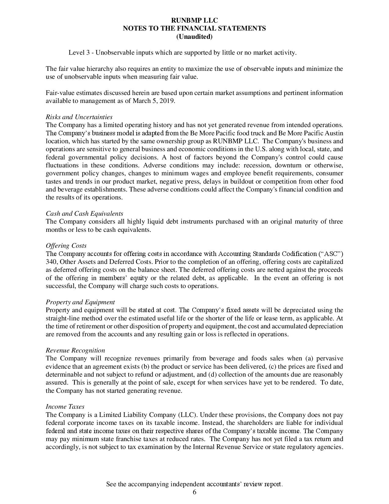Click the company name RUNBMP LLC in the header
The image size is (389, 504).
coord(194,20)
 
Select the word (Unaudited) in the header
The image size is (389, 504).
coord(194,37)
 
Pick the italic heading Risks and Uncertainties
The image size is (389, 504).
coord(79,117)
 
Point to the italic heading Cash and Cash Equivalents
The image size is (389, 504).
coord(85,214)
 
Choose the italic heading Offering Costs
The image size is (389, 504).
coord(66,246)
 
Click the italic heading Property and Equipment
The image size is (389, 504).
coord(80,302)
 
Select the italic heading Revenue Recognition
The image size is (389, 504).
coord(75,350)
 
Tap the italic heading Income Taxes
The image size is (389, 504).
coord(65,407)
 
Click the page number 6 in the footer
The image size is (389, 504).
coord(194,492)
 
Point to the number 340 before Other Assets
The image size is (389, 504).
coord(51,262)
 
